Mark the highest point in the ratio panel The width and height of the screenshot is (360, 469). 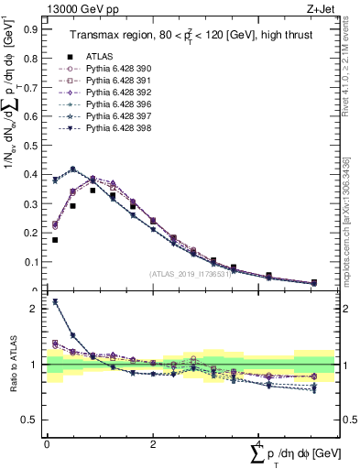pos(55,301)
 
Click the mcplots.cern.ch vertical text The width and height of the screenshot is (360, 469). pos(345,229)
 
